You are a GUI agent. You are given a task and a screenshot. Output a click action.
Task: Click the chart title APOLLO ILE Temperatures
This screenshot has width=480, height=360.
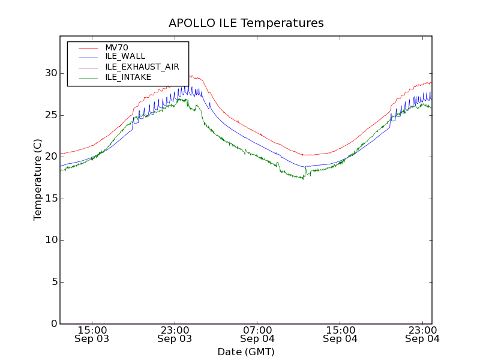[246, 23]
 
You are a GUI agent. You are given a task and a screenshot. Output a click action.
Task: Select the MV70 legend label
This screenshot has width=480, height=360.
[116, 47]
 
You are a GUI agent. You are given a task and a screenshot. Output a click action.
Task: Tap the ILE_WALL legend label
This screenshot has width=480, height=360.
[125, 56]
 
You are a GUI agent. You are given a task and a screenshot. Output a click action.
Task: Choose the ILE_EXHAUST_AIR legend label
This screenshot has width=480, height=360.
[142, 67]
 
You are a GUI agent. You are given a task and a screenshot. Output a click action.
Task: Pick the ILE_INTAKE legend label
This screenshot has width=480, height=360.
[128, 77]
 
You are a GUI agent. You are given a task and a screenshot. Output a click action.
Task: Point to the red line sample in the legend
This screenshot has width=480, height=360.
[88, 47]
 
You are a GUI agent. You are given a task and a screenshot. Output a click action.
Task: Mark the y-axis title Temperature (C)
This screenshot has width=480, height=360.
[38, 180]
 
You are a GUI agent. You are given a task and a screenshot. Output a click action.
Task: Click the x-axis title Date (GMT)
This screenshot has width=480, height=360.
[246, 352]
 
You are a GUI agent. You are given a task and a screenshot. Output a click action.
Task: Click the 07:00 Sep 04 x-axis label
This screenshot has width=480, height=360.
[257, 334]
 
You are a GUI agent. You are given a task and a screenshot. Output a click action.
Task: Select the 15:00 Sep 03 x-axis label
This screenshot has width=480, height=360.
[92, 334]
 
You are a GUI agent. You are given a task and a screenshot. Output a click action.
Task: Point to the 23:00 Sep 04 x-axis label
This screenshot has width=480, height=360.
[422, 334]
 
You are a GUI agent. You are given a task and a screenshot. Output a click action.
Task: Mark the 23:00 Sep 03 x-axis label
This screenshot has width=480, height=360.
[175, 334]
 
